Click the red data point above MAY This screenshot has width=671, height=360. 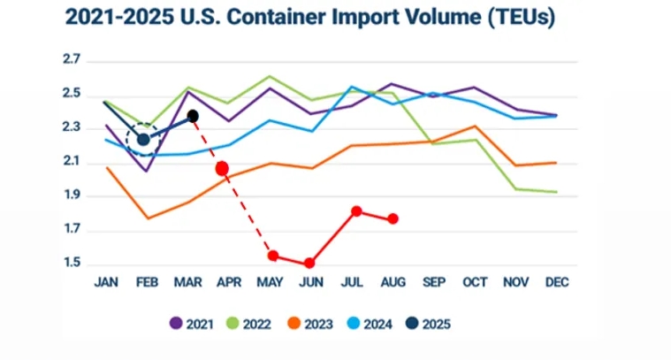(273, 256)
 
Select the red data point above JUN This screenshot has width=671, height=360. (309, 263)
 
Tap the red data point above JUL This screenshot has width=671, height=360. (356, 211)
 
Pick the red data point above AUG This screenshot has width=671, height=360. (393, 218)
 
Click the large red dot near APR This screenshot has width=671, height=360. (222, 168)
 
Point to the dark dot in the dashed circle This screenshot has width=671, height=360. (142, 140)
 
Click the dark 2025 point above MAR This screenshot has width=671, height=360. (193, 116)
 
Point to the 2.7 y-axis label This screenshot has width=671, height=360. (72, 60)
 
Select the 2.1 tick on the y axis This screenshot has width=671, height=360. (72, 163)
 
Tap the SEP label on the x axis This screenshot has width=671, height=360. (433, 282)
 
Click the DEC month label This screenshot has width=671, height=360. (557, 282)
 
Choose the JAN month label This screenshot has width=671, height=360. (106, 282)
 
